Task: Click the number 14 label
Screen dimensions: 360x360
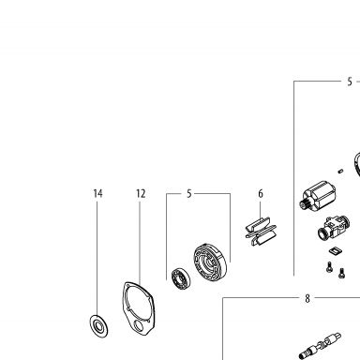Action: click(97, 194)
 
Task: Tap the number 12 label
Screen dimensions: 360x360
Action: click(141, 194)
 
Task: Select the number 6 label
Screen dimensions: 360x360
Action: click(261, 194)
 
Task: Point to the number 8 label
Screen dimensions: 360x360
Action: click(307, 298)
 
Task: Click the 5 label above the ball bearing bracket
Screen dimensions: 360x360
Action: click(189, 194)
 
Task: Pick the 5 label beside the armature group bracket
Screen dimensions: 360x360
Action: click(350, 82)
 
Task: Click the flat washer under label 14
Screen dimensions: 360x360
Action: click(99, 326)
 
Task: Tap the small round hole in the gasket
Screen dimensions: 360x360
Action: click(138, 326)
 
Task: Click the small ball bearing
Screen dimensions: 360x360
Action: click(181, 277)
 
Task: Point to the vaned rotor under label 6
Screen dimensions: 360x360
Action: click(260, 231)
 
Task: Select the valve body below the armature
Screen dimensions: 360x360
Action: click(334, 228)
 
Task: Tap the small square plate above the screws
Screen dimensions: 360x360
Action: click(335, 250)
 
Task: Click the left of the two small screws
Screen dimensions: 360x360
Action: click(329, 267)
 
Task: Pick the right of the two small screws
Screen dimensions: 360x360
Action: click(342, 273)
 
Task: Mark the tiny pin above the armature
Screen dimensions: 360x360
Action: click(340, 171)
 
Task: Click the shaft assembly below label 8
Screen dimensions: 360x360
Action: click(320, 346)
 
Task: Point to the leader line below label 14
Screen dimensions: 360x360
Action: click(97, 259)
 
